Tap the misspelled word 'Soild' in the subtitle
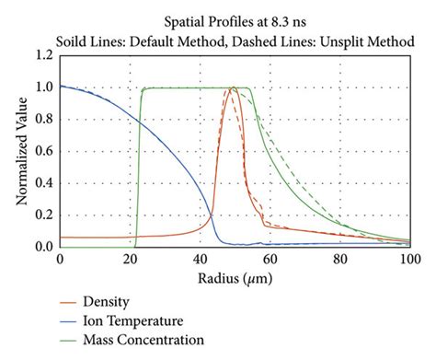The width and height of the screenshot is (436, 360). tap(74, 39)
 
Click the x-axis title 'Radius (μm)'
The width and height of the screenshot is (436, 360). tap(235, 278)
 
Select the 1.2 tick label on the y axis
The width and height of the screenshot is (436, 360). tap(43, 55)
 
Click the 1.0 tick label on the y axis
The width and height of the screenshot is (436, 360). tap(43, 87)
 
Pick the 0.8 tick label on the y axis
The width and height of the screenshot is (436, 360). tap(43, 120)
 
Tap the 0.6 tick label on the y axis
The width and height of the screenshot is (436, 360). tap(43, 151)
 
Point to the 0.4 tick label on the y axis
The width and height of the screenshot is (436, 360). tap(43, 183)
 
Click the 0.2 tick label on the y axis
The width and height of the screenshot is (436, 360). tap(43, 215)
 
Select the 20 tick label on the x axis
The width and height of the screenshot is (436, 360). tap(130, 261)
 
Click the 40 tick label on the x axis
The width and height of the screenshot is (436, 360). tap(200, 261)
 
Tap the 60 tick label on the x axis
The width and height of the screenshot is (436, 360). tap(270, 261)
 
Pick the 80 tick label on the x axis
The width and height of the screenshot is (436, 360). tap(339, 261)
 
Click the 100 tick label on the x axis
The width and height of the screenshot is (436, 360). tap(408, 261)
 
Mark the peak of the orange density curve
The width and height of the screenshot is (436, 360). tap(234, 88)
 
